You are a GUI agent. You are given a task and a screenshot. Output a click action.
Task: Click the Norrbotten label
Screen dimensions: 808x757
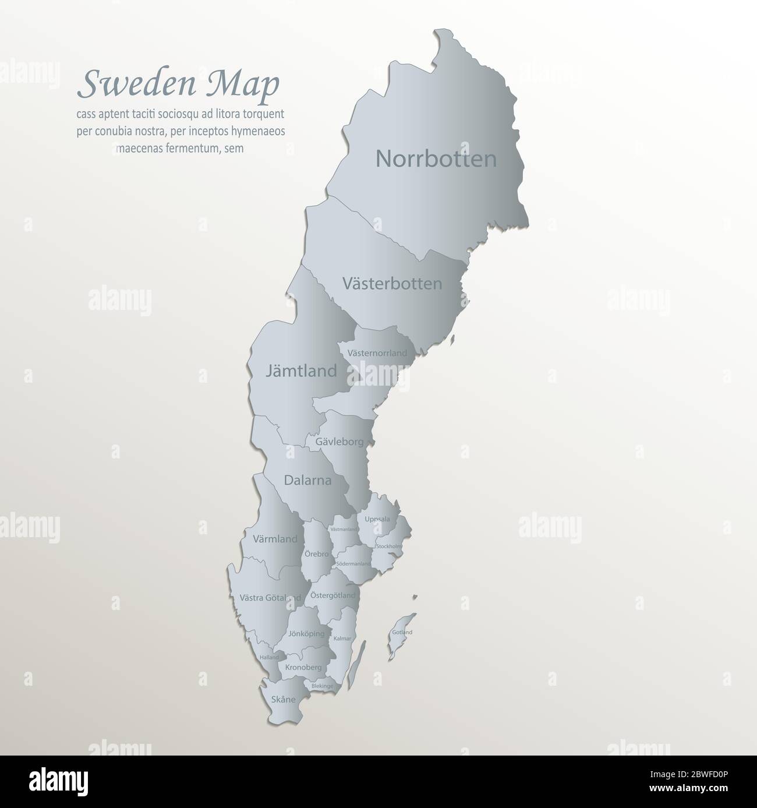(x=436, y=158)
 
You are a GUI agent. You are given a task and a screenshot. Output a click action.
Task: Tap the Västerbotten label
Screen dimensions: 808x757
(x=392, y=284)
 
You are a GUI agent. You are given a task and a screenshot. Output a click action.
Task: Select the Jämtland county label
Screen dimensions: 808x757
(x=301, y=371)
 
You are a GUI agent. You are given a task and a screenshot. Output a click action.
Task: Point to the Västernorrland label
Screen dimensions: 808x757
(x=377, y=353)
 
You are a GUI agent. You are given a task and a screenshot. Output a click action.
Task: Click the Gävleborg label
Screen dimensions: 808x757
(x=339, y=442)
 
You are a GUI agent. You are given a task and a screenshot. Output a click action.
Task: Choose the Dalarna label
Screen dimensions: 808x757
(x=307, y=481)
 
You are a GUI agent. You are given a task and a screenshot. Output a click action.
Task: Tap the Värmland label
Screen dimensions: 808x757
(x=275, y=539)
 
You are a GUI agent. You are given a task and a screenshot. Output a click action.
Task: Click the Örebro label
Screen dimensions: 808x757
(x=316, y=554)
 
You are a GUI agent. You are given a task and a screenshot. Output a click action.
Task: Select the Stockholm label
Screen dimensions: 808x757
(x=388, y=546)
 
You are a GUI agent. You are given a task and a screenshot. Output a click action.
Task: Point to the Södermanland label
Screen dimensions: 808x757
(x=353, y=564)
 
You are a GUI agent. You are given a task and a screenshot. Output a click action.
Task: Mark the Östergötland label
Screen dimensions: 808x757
(x=332, y=595)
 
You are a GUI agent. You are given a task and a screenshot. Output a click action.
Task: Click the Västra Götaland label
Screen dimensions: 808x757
(x=270, y=597)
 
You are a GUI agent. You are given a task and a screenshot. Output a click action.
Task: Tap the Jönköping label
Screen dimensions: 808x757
(x=306, y=633)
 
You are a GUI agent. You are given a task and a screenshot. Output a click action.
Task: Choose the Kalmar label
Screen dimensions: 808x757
(x=342, y=639)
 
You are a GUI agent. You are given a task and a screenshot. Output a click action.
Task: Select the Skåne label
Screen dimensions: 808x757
(x=283, y=699)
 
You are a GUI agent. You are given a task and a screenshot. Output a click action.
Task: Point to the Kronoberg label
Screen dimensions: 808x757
(x=303, y=667)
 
